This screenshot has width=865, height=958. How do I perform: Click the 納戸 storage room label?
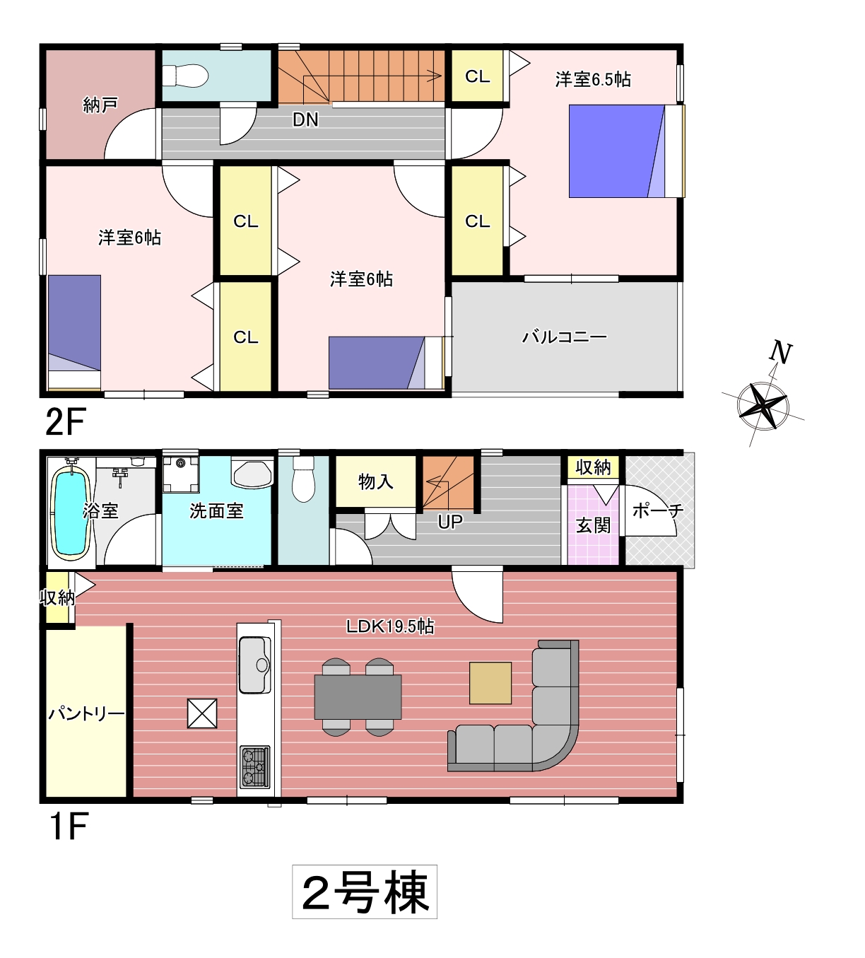[100, 105]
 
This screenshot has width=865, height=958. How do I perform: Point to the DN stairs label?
[305, 120]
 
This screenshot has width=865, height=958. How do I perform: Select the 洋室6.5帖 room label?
[593, 79]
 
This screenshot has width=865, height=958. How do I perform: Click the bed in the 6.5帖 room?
[626, 151]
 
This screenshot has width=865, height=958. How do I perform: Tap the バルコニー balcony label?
[564, 337]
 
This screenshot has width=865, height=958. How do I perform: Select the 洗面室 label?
[216, 511]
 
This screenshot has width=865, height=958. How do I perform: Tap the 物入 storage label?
[376, 482]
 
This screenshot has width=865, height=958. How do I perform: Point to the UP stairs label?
[449, 522]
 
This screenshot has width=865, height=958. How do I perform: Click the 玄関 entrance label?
[593, 525]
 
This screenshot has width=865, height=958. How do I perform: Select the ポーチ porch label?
[658, 511]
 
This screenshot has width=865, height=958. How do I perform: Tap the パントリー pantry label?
[86, 714]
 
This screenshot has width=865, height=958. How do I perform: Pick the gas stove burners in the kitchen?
[254, 767]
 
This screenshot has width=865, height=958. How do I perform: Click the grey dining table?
[358, 697]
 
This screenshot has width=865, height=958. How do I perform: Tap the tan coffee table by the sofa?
[490, 683]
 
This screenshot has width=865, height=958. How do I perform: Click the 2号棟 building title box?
[365, 892]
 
